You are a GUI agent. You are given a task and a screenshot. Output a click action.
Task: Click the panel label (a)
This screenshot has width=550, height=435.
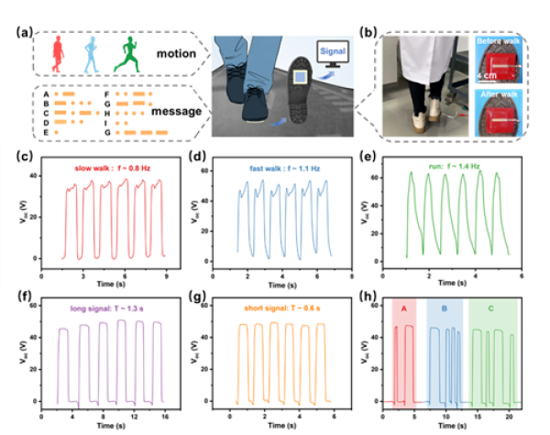tap(22, 36)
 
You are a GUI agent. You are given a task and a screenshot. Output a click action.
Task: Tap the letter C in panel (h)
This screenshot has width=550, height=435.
tap(490, 309)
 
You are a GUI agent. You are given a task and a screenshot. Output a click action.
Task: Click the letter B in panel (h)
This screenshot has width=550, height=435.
tap(444, 309)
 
